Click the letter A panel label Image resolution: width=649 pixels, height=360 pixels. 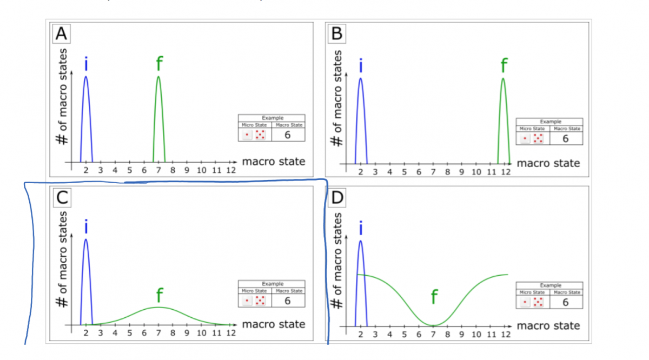click(62, 34)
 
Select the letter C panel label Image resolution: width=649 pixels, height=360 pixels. click(62, 199)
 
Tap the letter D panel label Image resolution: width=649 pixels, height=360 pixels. click(337, 199)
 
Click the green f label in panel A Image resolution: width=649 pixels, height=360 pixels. click(158, 64)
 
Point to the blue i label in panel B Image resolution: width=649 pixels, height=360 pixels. click(361, 66)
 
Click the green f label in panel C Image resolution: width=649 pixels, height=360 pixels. click(159, 295)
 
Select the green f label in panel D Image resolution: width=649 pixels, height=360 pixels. click(434, 297)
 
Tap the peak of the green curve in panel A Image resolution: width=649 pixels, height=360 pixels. click(158, 77)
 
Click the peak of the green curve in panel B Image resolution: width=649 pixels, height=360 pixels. click(503, 78)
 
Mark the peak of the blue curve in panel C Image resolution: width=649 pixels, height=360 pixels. click(86, 239)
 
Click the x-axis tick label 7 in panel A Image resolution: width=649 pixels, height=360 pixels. click(158, 170)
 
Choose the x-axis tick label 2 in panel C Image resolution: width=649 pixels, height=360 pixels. click(86, 333)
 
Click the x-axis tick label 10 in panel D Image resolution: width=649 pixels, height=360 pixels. click(476, 335)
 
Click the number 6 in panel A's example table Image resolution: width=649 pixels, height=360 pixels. click(288, 135)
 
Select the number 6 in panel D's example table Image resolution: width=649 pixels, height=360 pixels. click(566, 302)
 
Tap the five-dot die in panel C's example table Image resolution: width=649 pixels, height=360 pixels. click(260, 300)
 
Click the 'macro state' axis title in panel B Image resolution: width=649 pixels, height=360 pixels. click(548, 163)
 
